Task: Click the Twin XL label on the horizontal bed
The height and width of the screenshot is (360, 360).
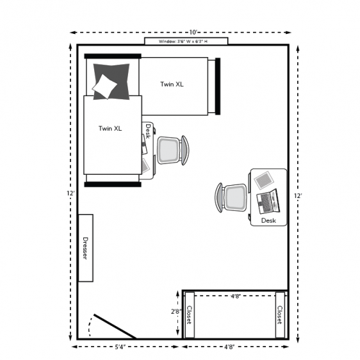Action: (x=172, y=84)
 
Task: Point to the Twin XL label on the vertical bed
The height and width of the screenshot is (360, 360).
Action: (x=110, y=128)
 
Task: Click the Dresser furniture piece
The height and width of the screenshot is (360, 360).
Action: (x=86, y=248)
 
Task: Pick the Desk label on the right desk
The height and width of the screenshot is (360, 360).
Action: (x=268, y=220)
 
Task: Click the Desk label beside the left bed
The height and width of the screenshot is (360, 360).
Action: (x=147, y=131)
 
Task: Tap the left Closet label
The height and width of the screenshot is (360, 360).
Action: (x=189, y=315)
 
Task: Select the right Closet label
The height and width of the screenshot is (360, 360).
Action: (x=280, y=315)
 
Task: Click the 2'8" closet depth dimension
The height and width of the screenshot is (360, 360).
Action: (x=176, y=312)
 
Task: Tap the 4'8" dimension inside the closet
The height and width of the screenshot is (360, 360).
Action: (x=236, y=296)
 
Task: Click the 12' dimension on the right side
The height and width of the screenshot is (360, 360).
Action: (x=297, y=196)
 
